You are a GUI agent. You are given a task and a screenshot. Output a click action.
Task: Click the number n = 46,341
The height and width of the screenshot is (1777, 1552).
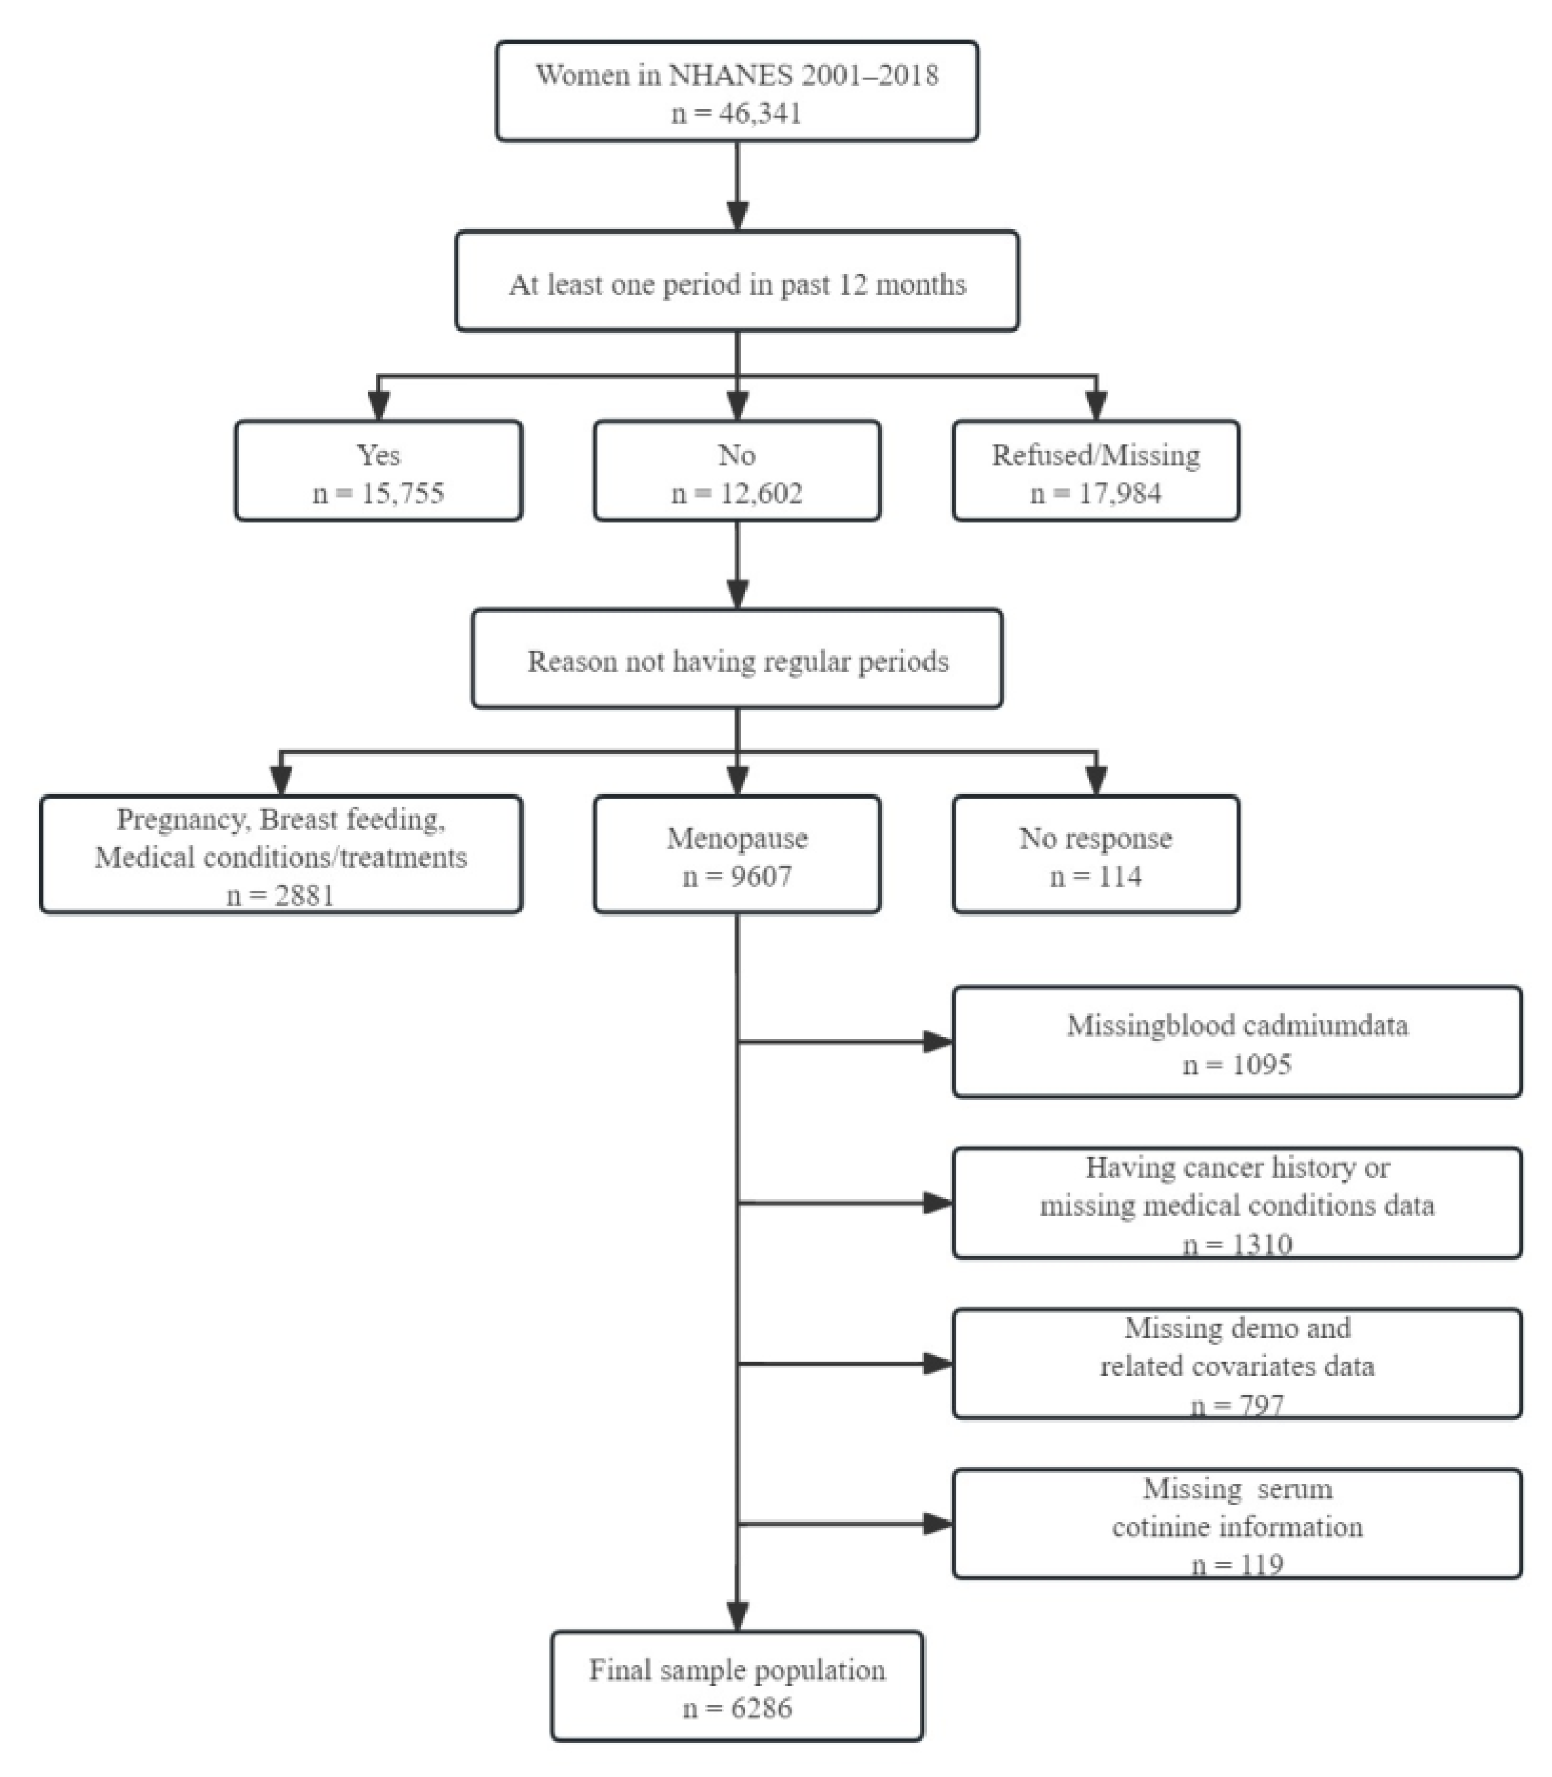[x=737, y=114]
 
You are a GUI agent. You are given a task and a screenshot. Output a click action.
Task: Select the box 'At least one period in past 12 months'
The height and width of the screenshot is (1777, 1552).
[x=737, y=281]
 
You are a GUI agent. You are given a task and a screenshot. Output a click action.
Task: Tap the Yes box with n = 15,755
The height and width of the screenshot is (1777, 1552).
[x=378, y=471]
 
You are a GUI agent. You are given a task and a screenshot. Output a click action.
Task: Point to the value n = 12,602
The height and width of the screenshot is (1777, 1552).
[x=737, y=493]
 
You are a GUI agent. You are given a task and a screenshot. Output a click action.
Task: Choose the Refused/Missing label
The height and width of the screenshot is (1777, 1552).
[x=1096, y=455]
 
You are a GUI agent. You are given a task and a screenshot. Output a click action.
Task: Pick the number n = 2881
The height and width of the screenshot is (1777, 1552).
[x=281, y=896]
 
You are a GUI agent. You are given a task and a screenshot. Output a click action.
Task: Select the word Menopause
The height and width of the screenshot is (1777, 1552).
[x=737, y=838]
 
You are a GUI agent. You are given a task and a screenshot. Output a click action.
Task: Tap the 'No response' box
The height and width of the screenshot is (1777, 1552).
[x=1096, y=855]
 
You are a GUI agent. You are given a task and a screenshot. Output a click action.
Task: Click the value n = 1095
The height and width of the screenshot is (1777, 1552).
[x=1237, y=1064]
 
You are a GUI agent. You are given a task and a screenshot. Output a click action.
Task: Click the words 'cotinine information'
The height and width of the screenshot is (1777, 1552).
[x=1237, y=1526]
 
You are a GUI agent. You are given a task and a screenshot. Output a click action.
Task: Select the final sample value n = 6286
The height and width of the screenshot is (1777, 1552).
[x=737, y=1709]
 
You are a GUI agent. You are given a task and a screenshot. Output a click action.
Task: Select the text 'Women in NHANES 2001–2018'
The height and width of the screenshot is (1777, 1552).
[x=737, y=75]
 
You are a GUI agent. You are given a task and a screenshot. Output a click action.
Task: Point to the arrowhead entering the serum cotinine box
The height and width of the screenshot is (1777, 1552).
[x=938, y=1524]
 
